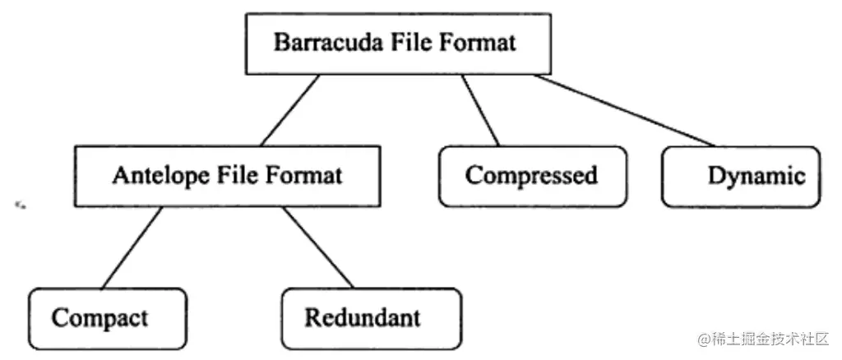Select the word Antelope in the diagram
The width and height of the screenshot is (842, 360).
150,175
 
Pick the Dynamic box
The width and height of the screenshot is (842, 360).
740,176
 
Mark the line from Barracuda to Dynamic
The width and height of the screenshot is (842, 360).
625,110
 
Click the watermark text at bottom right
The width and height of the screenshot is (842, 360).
766,339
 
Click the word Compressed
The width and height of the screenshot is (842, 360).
530,176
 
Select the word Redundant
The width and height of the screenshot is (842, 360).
363,318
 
